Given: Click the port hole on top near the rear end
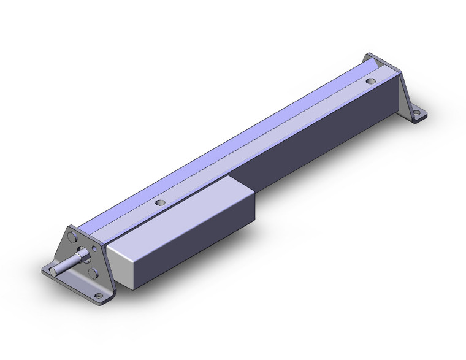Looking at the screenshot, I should click(370, 80).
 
